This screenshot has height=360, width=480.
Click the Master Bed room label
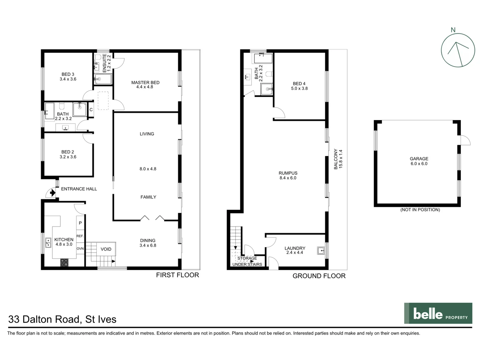(145, 82)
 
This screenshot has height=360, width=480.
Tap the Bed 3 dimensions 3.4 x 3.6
(68, 79)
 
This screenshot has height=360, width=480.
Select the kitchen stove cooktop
(64, 262)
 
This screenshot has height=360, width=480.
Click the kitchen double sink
(48, 242)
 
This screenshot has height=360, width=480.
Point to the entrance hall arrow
(52, 192)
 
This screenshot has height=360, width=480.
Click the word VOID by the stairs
(106, 249)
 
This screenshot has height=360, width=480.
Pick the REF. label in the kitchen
(80, 236)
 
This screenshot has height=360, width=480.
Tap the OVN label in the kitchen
(80, 249)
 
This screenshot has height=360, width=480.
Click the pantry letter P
(80, 223)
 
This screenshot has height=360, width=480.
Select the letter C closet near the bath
(91, 110)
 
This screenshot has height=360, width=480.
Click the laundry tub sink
(321, 250)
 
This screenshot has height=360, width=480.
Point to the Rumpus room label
(288, 173)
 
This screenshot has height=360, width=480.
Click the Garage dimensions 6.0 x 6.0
(419, 164)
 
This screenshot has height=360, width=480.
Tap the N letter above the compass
(453, 30)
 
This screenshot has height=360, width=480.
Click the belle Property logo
(438, 313)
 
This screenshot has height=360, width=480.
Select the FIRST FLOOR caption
(177, 275)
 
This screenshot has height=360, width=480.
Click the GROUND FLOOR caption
(319, 276)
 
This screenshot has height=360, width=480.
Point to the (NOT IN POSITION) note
(420, 210)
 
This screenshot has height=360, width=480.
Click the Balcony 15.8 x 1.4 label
(338, 159)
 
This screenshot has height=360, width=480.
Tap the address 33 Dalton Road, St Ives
(62, 319)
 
